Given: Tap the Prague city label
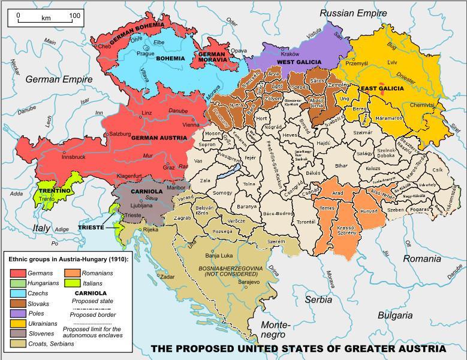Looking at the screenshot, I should point(146,53).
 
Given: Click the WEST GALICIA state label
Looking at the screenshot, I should point(299,62).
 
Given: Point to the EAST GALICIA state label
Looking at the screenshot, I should point(382,89).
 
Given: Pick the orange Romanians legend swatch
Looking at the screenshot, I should point(73,273).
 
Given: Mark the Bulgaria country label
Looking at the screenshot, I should point(395,315).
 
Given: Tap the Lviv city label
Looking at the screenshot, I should point(393,62).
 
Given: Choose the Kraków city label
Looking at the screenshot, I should point(290,54).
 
